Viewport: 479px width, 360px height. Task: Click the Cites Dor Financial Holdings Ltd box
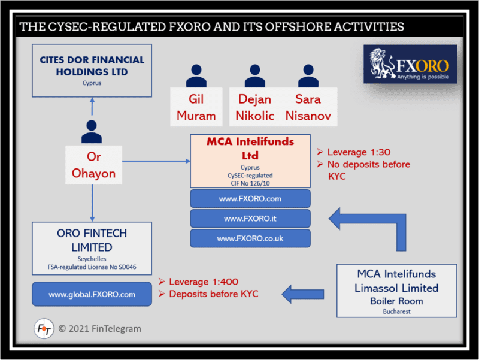pyautogui.click(x=92, y=70)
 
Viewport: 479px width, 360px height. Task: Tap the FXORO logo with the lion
pyautogui.click(x=410, y=64)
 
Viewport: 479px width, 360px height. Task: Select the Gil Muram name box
pyautogui.click(x=196, y=107)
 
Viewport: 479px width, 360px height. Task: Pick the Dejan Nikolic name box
pyautogui.click(x=254, y=107)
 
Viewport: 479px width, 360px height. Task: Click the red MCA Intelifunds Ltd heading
pyautogui.click(x=250, y=148)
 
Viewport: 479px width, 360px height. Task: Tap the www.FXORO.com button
pyautogui.click(x=250, y=198)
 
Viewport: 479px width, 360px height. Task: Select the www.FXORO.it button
pyautogui.click(x=250, y=219)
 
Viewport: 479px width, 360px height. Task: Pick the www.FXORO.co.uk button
pyautogui.click(x=250, y=238)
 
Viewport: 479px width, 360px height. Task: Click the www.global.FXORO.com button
pyautogui.click(x=92, y=294)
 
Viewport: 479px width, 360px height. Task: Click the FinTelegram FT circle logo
pyautogui.click(x=44, y=329)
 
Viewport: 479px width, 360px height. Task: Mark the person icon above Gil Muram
pyautogui.click(x=196, y=76)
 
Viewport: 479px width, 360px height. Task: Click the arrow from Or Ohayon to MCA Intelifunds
pyautogui.click(x=156, y=161)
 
